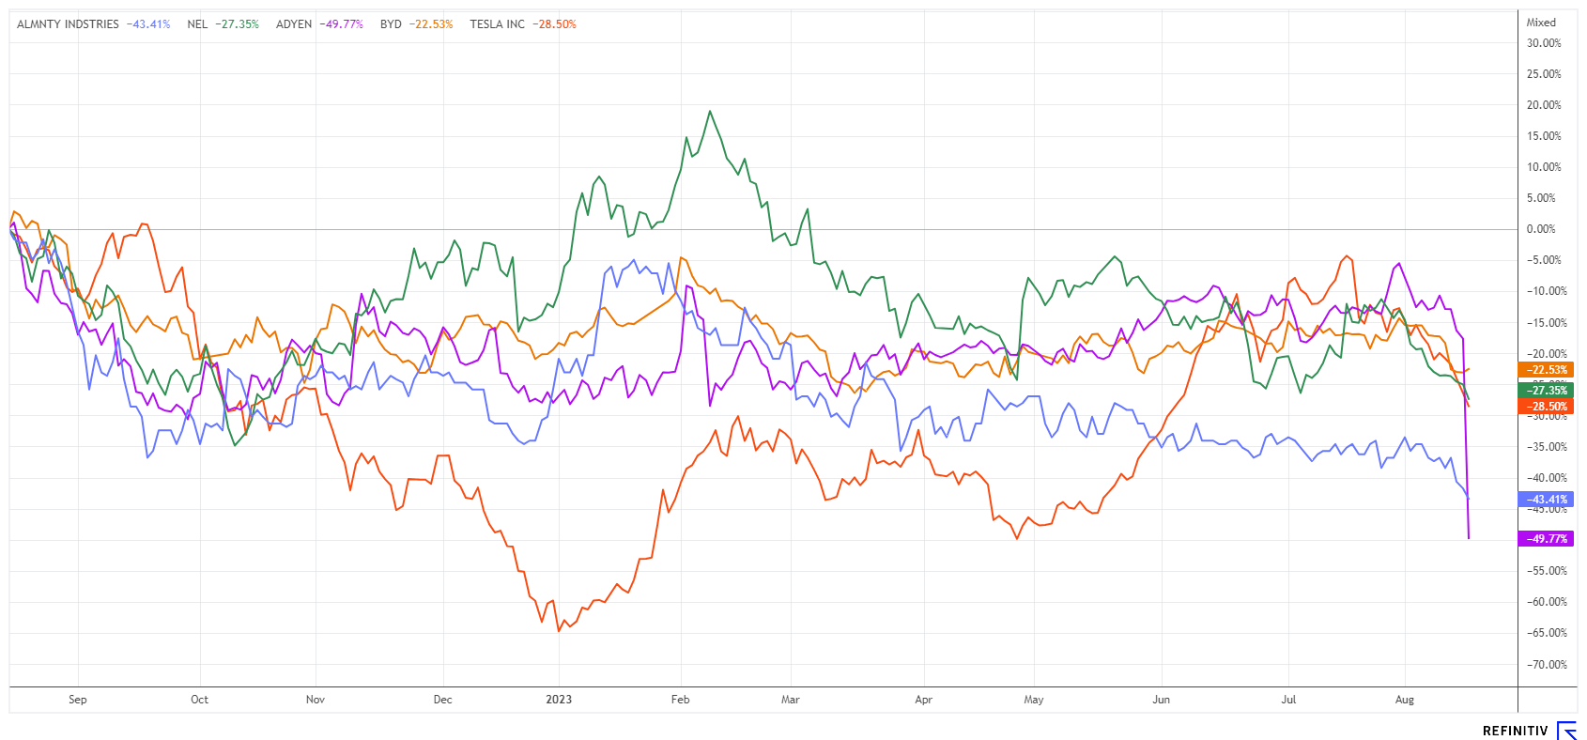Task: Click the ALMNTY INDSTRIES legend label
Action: tap(68, 24)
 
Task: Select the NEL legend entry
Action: tap(197, 24)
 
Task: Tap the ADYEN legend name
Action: tap(294, 24)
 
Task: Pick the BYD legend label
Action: tap(391, 24)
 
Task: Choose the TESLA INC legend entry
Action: tap(498, 24)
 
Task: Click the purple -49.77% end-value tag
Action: tap(1546, 539)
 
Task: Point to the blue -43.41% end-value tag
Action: tap(1546, 500)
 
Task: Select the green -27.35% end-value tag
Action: tap(1546, 390)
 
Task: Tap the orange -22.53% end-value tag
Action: tap(1546, 370)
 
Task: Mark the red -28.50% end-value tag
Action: tap(1546, 407)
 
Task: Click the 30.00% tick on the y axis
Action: tap(1544, 43)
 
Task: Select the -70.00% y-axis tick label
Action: tap(1545, 665)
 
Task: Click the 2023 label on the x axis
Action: tap(559, 700)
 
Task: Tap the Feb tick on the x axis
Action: tap(681, 700)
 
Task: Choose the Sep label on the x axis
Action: tap(78, 700)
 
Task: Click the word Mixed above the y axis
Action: tap(1541, 23)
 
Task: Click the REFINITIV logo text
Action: tap(1515, 731)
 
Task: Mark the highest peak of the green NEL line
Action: tap(710, 111)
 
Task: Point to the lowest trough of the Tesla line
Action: tap(559, 630)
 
